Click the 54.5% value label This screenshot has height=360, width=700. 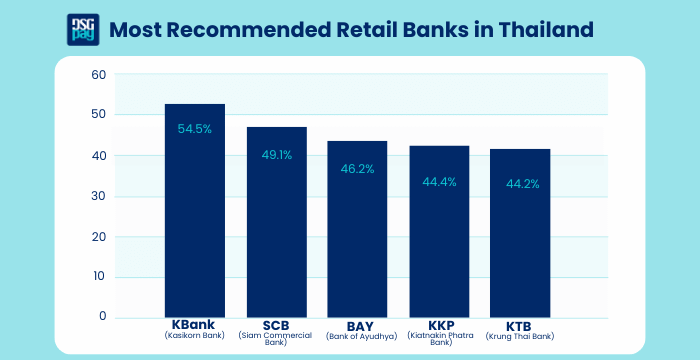click(195, 129)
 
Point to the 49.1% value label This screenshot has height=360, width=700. click(277, 155)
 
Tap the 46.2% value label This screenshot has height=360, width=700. click(358, 169)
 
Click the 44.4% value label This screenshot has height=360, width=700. click(439, 181)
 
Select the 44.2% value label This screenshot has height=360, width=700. click(520, 183)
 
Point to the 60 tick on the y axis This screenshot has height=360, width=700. click(98, 75)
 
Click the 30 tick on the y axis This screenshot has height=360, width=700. click(98, 196)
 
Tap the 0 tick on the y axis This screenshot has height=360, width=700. click(102, 317)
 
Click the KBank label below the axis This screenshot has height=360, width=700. click(195, 326)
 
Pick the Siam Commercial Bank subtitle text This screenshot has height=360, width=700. click(277, 339)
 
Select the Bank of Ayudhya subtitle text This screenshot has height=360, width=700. click(358, 336)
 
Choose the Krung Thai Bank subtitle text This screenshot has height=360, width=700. click(520, 336)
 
